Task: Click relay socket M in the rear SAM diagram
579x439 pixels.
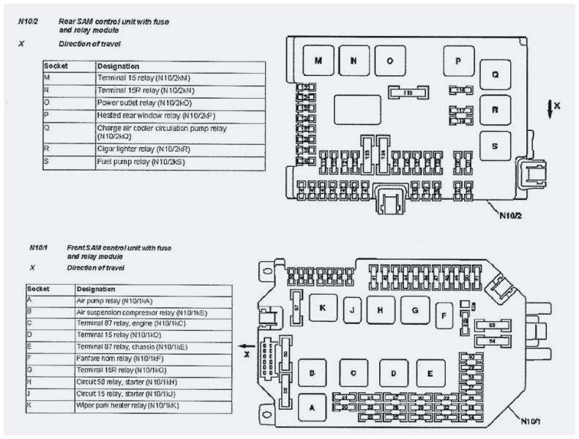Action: [318, 61]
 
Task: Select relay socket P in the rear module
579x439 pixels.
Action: [459, 61]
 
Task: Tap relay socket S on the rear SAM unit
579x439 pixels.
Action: [495, 146]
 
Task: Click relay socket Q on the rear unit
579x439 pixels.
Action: [495, 74]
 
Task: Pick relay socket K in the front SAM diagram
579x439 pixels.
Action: [322, 308]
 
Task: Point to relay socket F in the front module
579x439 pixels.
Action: [444, 316]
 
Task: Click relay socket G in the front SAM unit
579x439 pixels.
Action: [414, 310]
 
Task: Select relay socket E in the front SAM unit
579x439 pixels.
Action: [430, 373]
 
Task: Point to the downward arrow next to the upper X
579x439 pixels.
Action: [548, 108]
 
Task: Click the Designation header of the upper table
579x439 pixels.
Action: [117, 65]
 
